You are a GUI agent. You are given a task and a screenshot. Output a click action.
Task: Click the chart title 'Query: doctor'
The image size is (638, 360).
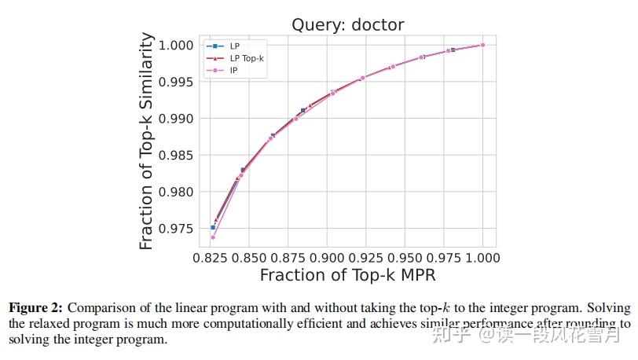point(347,24)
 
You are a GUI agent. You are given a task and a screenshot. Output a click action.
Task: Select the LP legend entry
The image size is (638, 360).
point(234,46)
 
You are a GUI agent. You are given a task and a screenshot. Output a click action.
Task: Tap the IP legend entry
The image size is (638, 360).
point(233,71)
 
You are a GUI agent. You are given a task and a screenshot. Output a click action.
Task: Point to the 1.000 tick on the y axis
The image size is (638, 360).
point(177,46)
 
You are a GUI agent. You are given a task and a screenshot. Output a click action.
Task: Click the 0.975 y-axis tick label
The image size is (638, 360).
point(177,229)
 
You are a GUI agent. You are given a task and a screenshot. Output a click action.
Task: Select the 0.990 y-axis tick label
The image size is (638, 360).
point(177,119)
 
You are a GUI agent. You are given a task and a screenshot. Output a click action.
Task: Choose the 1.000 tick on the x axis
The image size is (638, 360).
point(482,258)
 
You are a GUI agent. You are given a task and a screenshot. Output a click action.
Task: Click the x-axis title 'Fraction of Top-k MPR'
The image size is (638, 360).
point(347,276)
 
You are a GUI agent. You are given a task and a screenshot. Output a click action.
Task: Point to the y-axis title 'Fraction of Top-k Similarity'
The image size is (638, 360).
point(147,141)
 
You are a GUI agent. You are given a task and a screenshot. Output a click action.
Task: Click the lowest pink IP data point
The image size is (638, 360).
point(213,237)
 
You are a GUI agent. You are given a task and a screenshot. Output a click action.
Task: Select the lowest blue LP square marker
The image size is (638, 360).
point(213,227)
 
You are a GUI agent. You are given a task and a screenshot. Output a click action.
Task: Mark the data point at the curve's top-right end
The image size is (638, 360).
point(482,45)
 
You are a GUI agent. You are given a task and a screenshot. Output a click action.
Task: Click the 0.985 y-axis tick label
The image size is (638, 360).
point(177,156)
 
